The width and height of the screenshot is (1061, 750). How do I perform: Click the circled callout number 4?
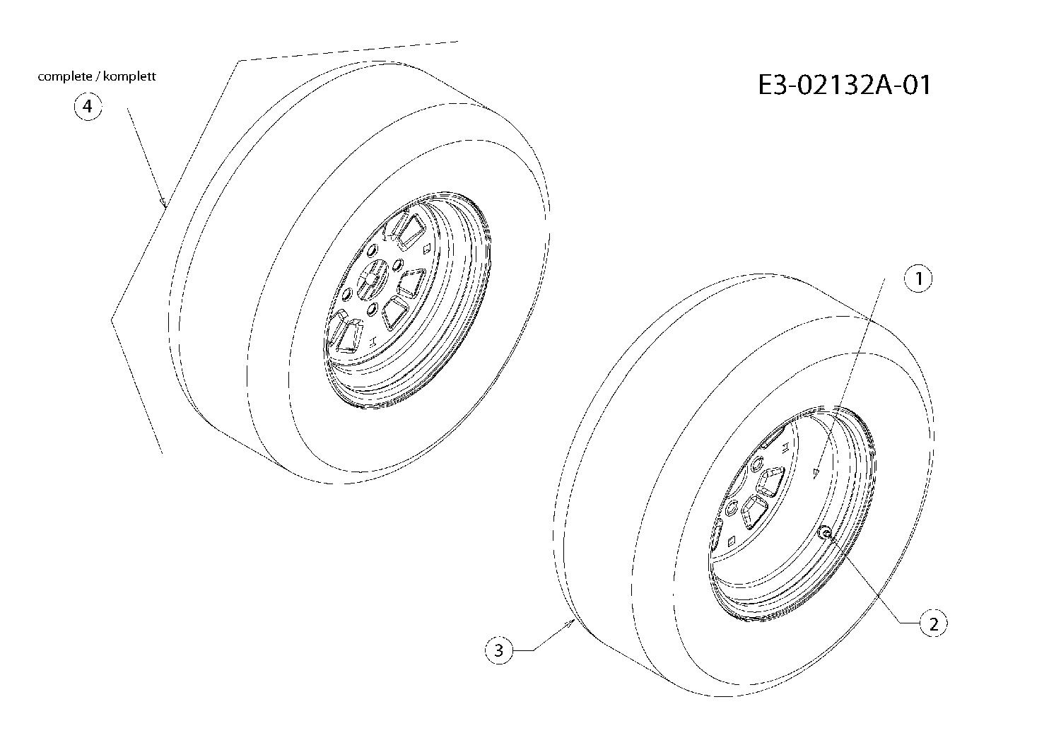tap(88, 107)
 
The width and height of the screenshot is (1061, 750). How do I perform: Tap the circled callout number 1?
tap(918, 279)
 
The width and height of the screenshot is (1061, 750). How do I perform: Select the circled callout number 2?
tap(934, 624)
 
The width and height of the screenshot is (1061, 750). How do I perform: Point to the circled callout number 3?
tap(499, 650)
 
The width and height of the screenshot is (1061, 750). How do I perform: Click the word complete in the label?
tap(64, 77)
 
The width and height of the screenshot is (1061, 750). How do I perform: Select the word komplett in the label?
tap(129, 76)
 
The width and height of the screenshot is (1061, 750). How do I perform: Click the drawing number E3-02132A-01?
tap(844, 86)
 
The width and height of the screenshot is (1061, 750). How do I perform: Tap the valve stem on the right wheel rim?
tap(826, 534)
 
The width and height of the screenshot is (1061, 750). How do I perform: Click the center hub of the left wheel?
tap(371, 282)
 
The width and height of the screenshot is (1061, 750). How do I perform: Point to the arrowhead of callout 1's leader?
tap(816, 474)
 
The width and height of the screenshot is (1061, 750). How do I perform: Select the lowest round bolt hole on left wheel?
tap(372, 310)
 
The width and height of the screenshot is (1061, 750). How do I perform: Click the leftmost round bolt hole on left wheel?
tap(346, 295)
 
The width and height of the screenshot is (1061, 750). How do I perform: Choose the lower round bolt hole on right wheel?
tap(731, 508)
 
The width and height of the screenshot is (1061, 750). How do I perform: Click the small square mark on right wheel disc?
tap(732, 541)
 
